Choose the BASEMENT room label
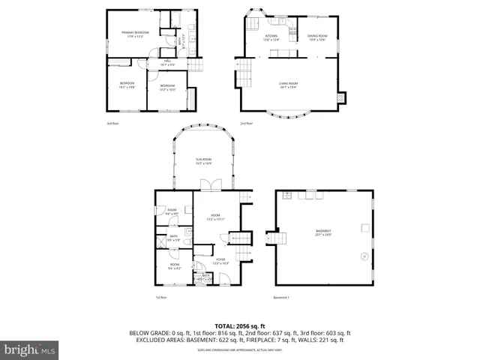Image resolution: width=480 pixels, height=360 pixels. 323,232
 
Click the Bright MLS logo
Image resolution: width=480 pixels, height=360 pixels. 30,349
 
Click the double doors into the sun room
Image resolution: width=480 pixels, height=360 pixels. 214,186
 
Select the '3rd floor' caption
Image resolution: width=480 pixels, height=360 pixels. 112,123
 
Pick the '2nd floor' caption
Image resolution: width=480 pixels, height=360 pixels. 245,123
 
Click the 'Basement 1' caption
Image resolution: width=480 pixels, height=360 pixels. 282,298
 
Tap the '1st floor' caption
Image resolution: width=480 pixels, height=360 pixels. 160,298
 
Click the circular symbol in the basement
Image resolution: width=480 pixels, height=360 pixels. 364,257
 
